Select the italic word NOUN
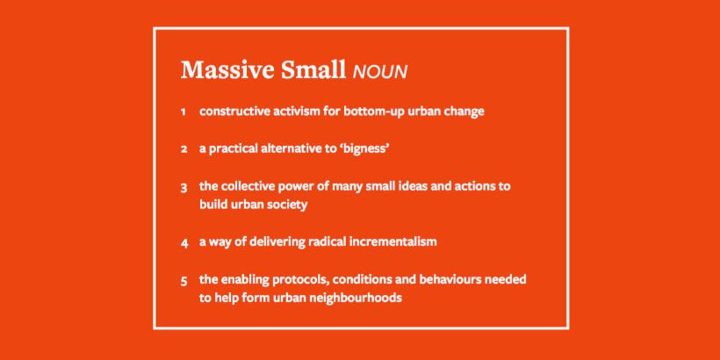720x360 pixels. coord(379,72)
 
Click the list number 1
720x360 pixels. coord(184,112)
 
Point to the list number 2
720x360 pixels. coord(184,149)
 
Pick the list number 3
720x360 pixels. coord(184,187)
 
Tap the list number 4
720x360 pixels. coord(184,241)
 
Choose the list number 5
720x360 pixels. coord(184,280)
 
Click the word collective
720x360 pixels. coord(249,186)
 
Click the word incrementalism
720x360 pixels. coord(400,241)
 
